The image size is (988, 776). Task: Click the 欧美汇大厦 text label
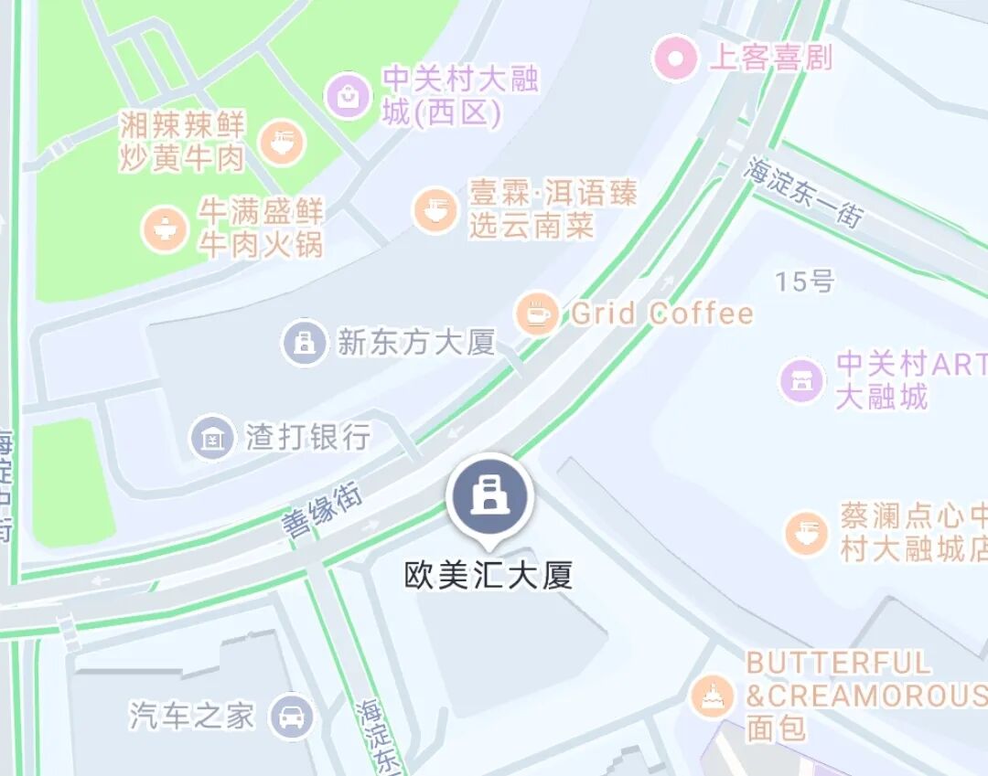tap(489, 576)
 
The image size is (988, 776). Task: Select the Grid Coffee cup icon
tap(537, 314)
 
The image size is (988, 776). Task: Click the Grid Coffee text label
tap(662, 314)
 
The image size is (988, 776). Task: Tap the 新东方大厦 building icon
tap(304, 343)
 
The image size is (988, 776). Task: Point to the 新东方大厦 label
tap(416, 343)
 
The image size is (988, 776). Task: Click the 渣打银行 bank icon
tap(212, 438)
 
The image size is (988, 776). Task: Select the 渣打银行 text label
tap(308, 437)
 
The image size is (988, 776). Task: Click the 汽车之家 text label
tap(191, 716)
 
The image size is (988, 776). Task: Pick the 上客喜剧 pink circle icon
tap(676, 58)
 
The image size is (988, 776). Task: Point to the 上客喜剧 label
tap(770, 58)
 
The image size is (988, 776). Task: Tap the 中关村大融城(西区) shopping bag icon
tap(349, 95)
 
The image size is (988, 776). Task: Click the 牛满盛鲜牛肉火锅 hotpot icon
tap(166, 229)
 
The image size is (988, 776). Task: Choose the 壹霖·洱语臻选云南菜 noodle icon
tap(435, 209)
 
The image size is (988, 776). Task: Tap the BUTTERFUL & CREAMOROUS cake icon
tap(712, 696)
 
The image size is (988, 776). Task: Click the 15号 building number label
tap(805, 282)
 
